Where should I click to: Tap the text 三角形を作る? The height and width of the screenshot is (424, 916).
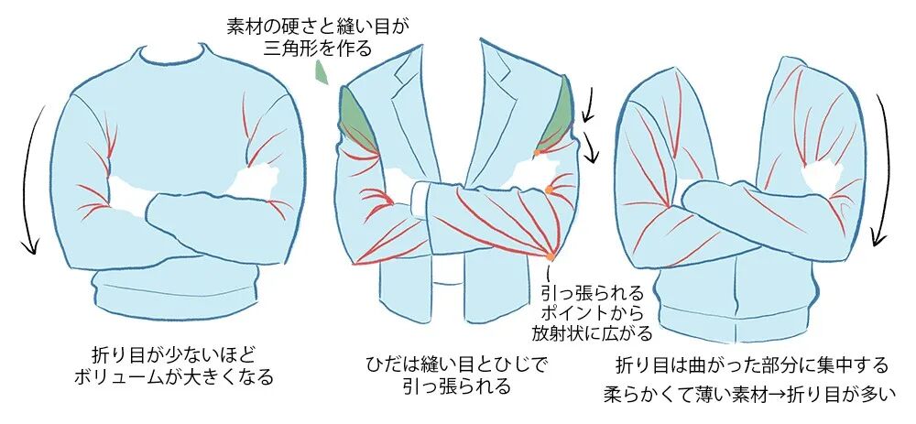tap(318, 49)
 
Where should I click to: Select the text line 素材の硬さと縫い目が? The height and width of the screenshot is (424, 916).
tap(318, 27)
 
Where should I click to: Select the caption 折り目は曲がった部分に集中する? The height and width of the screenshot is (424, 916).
tap(751, 365)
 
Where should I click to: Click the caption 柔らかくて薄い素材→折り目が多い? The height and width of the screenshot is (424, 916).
tap(750, 396)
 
